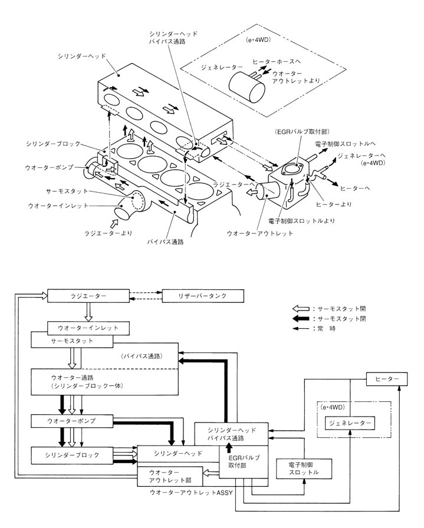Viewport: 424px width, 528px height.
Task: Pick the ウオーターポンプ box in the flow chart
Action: click(71, 422)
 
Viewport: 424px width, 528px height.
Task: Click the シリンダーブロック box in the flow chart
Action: click(71, 455)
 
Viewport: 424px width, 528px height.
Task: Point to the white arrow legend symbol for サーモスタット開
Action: click(301, 308)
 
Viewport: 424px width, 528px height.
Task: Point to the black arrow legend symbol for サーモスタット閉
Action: click(301, 318)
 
